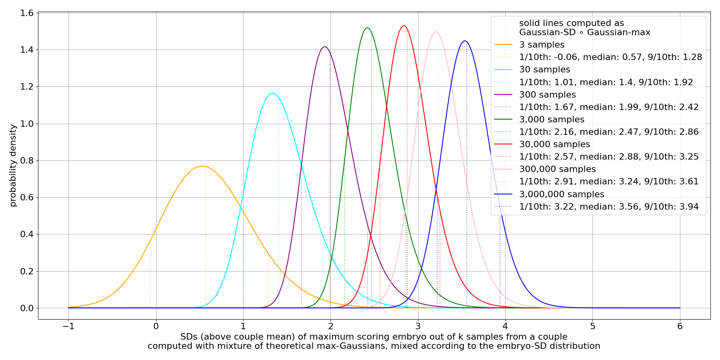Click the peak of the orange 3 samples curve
202,166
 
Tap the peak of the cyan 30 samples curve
273,93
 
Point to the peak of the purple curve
325,47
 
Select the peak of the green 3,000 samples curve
367,28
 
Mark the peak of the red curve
404,26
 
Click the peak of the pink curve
436,32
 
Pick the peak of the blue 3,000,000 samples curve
464,41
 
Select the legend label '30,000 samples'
554,144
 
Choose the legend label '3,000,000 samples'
562,194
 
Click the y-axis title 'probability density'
13,165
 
